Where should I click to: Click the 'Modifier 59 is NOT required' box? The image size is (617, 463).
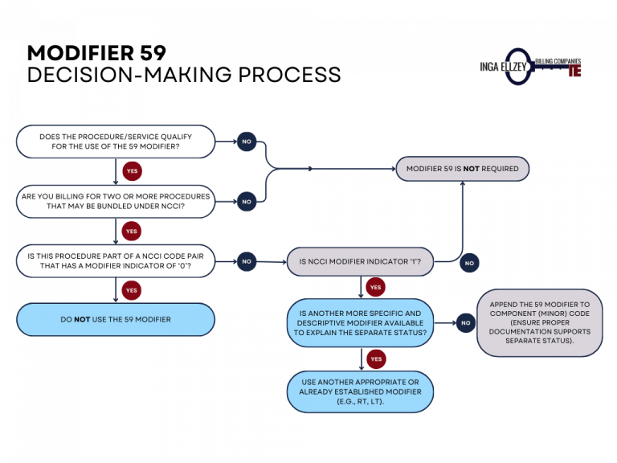click(x=462, y=169)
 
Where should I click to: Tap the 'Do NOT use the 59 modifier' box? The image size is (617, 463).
click(x=116, y=319)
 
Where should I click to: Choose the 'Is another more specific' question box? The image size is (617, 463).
click(x=360, y=322)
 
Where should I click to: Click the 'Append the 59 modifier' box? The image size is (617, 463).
click(x=539, y=322)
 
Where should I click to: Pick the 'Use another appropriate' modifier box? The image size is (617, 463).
click(x=360, y=391)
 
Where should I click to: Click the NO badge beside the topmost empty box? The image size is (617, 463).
click(x=247, y=141)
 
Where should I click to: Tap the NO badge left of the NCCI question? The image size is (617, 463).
click(x=247, y=261)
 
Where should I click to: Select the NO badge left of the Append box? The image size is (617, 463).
click(x=465, y=323)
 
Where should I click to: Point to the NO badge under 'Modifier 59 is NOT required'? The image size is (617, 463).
click(x=469, y=263)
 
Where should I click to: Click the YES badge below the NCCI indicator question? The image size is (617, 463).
click(x=375, y=287)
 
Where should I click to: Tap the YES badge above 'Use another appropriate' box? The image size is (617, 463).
click(x=375, y=359)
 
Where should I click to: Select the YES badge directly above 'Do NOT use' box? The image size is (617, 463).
click(x=132, y=290)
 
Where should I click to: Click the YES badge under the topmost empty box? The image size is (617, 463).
click(x=132, y=171)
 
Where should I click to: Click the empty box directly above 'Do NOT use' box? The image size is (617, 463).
click(x=116, y=261)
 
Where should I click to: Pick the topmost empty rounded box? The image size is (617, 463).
click(x=116, y=141)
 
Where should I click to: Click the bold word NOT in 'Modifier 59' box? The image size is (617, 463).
click(x=472, y=169)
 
